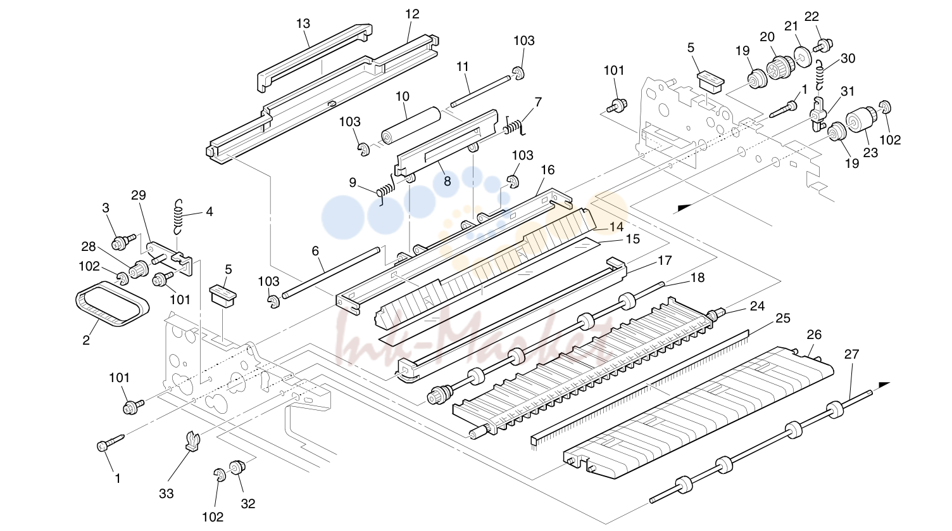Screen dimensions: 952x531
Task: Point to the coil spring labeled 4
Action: (179, 217)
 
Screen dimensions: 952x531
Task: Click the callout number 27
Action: (851, 354)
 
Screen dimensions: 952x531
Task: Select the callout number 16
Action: (548, 170)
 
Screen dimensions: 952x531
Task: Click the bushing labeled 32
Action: (236, 467)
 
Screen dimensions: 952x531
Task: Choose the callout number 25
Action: (782, 318)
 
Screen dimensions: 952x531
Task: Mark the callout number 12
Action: (412, 14)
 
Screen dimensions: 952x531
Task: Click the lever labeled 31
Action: (818, 114)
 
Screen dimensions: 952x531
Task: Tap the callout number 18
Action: (698, 278)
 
